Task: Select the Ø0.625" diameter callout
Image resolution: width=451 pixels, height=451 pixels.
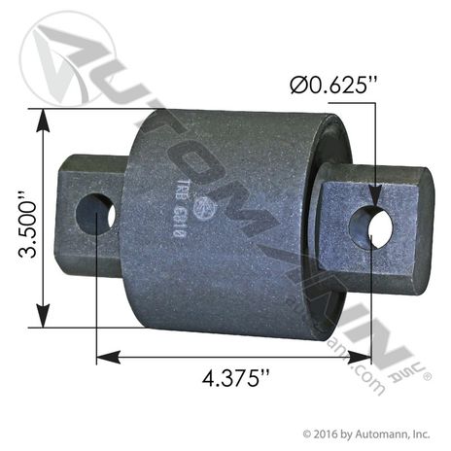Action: coord(331,86)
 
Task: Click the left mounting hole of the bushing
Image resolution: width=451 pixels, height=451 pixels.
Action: coord(95,214)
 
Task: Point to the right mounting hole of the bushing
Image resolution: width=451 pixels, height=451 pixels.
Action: coord(377,226)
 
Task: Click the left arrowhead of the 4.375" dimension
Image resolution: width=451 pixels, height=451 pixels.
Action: coord(102,358)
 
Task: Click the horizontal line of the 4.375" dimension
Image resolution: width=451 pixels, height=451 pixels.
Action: coord(234,358)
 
